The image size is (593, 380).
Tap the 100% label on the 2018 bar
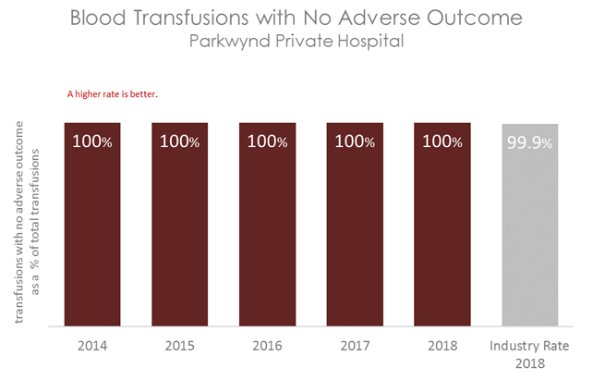[443, 142]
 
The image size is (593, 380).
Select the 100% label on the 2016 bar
[269, 142]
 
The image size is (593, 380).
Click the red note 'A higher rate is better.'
[113, 93]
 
